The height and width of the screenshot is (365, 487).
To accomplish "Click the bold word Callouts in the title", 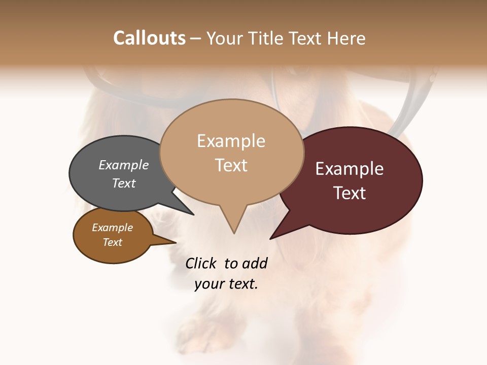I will (149, 38).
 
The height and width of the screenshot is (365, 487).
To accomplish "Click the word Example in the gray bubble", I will (124, 165).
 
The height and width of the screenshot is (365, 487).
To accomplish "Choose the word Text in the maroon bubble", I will (350, 193).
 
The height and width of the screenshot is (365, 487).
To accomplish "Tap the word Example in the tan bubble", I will (231, 141).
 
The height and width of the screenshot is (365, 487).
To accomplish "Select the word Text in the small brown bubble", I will (113, 242).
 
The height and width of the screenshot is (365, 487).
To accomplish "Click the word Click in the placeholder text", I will (200, 263).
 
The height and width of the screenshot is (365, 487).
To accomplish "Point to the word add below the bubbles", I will (254, 263).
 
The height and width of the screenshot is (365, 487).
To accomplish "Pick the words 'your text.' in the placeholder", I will (226, 284).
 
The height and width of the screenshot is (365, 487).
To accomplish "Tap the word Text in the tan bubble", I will (231, 165).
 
